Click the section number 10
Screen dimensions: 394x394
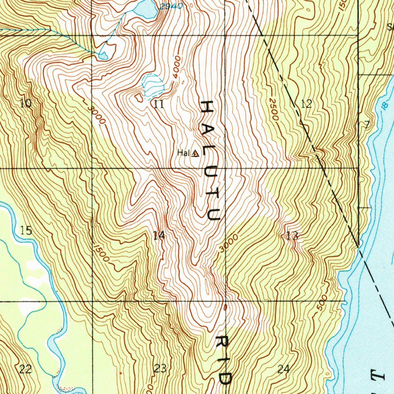pos(26,103)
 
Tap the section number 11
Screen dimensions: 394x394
pos(159,104)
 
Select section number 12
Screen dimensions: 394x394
pos(306,104)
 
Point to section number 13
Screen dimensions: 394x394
pos(292,236)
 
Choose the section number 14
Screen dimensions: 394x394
pos(159,235)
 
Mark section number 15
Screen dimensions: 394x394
pos(26,231)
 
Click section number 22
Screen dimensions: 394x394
pos(25,369)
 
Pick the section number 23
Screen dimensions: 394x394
pos(160,369)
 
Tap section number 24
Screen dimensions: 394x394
pos(283,369)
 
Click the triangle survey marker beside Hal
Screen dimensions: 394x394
pos(195,154)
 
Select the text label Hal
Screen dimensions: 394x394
pos(183,153)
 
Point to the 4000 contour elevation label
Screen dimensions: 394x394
pos(177,67)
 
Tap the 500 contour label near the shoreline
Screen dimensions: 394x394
pos(322,302)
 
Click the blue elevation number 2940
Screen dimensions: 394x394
pos(170,6)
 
